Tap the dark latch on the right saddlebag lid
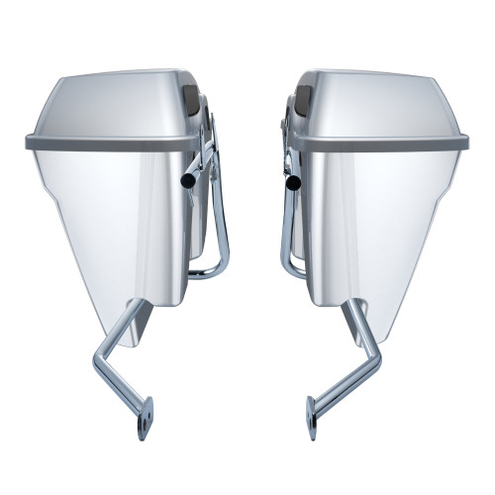303,98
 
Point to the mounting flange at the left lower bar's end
147,417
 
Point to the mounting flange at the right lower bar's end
313,416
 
